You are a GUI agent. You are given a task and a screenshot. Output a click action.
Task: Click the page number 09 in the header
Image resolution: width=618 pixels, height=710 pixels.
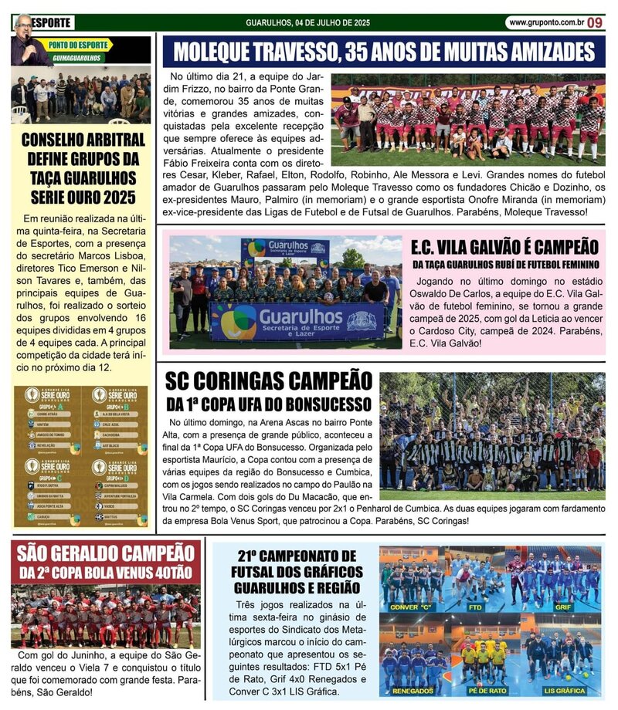click(x=594, y=22)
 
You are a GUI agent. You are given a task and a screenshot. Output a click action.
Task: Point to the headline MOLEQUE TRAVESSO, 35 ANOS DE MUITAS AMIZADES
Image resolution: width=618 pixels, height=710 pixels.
click(x=384, y=52)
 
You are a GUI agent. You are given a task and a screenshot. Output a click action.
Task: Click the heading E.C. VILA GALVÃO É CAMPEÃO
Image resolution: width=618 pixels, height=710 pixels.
click(x=505, y=248)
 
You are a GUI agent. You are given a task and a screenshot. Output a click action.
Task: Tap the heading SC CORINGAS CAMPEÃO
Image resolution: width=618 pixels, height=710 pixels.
click(x=268, y=381)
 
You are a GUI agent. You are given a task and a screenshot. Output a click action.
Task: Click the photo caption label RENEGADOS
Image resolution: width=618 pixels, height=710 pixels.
click(x=413, y=691)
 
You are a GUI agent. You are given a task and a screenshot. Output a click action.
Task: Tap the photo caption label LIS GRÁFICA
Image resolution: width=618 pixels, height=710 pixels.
click(x=565, y=691)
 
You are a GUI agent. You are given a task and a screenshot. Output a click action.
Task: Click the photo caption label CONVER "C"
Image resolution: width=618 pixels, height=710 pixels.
click(x=413, y=607)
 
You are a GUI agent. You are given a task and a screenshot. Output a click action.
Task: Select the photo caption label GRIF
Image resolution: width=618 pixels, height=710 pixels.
click(x=564, y=607)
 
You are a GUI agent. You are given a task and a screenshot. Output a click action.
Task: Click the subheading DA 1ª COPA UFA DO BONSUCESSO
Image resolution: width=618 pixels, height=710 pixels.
click(x=268, y=404)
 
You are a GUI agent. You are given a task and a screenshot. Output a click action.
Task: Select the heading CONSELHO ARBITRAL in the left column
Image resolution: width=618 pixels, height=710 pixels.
click(x=83, y=140)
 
